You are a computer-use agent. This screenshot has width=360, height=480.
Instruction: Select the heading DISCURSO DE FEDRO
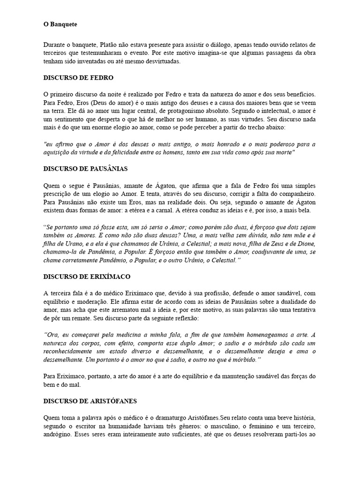click(78, 77)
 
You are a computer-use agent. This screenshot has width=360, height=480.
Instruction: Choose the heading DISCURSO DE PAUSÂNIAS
click(86, 168)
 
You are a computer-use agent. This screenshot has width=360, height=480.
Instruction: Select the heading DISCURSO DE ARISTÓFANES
click(90, 401)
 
